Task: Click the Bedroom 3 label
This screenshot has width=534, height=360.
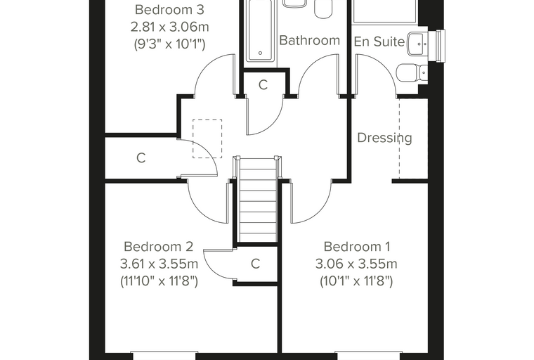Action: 169,10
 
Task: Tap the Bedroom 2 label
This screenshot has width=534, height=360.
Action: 159,247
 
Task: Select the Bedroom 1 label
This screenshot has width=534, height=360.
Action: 357,247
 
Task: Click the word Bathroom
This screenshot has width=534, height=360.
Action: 310,40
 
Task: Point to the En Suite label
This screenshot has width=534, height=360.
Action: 379,41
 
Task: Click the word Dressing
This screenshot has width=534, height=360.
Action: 384,138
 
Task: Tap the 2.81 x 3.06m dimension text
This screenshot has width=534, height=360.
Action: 169,27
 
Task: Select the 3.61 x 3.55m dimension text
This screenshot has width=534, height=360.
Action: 159,264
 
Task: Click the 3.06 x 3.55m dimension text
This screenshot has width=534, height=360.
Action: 356,264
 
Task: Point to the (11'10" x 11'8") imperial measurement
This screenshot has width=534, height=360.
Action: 159,281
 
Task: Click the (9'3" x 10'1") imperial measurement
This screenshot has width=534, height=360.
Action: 169,44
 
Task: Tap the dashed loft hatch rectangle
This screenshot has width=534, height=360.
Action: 207,139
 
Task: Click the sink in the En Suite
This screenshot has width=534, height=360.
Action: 417,44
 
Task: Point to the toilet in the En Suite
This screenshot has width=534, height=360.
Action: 412,72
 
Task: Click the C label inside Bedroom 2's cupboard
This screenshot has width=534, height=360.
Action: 256,264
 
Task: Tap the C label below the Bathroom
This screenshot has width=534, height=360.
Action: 263,85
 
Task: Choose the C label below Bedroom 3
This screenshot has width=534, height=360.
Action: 141,157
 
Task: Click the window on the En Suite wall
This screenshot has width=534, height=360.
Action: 441,46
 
